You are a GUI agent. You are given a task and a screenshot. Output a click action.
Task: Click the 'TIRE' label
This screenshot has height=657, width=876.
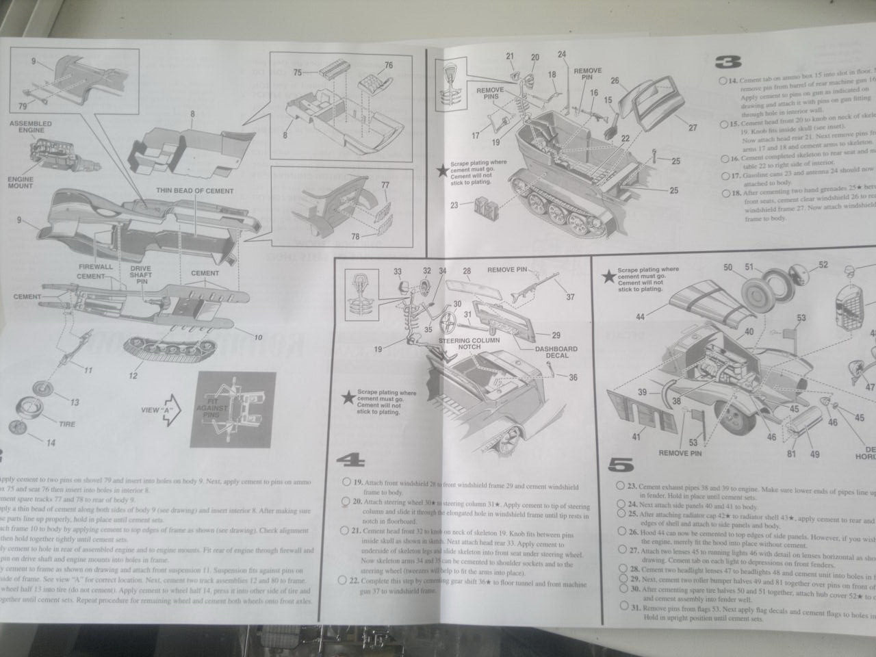(67, 424)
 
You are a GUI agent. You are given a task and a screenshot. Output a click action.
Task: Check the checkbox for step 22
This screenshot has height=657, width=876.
(343, 580)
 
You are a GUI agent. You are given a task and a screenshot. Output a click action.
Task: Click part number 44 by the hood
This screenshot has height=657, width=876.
(641, 316)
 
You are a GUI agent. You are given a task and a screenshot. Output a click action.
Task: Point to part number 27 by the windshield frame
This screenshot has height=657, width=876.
(692, 127)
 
